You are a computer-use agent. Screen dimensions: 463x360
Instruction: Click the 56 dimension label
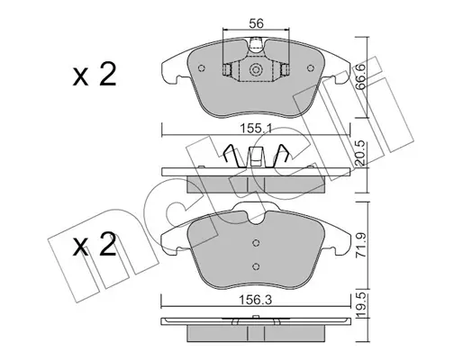(256, 23)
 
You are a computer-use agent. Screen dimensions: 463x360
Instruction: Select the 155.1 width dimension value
(256, 129)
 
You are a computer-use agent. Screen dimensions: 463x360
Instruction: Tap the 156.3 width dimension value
(256, 300)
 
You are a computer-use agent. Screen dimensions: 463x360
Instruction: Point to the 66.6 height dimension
(360, 77)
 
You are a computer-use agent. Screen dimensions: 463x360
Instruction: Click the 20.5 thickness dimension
(360, 153)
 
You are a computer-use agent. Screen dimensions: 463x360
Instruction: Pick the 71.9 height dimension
(360, 245)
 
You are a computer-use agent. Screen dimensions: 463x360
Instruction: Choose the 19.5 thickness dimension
(360, 308)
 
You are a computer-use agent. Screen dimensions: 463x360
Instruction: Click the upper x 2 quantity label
(95, 75)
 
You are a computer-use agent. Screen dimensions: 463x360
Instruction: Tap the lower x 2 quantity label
(95, 245)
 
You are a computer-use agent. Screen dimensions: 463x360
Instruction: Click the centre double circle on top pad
(256, 70)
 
